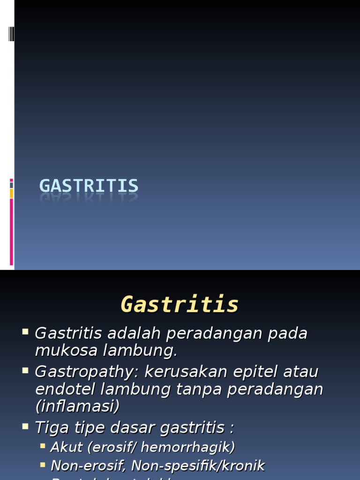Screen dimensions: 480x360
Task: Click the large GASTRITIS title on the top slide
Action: click(89, 186)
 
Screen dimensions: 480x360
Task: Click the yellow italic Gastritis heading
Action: click(180, 304)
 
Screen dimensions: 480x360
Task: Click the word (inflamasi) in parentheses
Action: click(77, 406)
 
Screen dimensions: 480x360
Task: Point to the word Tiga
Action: click(51, 427)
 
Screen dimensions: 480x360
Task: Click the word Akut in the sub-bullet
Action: click(66, 447)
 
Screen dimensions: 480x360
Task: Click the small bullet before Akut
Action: click(43, 446)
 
